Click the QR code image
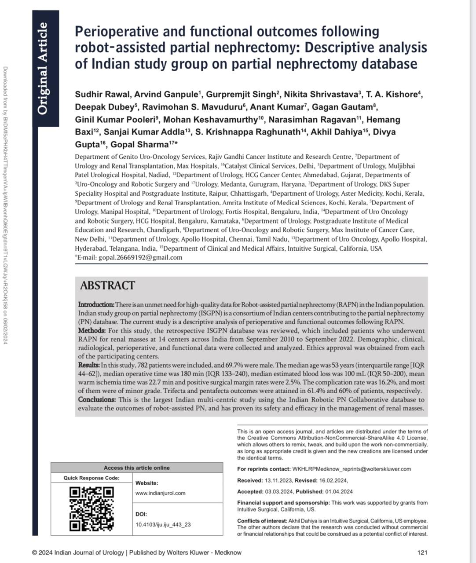pos(92,508)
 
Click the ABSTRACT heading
pos(107,285)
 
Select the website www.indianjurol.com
pos(160,493)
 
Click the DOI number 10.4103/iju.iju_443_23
pos(163,525)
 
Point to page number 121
pos(422,552)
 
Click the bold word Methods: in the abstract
pos(92,331)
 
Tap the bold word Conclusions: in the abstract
pos(97,400)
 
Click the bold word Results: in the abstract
pos(89,365)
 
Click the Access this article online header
pos(136,468)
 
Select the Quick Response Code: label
pos(91,478)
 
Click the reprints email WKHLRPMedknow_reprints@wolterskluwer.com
pos(352,469)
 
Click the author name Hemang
pos(383,120)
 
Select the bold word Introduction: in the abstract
pos(96,305)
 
